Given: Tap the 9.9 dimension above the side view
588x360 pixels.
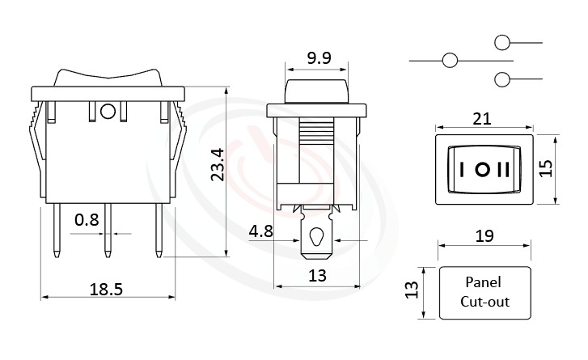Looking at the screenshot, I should [316, 57].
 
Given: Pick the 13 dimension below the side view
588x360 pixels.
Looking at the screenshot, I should [317, 276].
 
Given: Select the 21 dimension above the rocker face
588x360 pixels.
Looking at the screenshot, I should [483, 119].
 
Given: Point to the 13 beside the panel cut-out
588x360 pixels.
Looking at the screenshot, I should [411, 289].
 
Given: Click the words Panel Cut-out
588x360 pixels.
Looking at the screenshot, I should [484, 293].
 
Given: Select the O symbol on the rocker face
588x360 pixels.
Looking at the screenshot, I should [483, 171].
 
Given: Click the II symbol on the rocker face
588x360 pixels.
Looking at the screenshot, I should [504, 171].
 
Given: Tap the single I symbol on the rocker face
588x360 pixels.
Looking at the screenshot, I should [462, 171].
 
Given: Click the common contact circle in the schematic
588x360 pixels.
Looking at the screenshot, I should [450, 60].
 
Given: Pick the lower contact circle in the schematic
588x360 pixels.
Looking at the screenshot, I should [501, 79].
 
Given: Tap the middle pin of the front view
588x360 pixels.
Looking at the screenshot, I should [108, 230].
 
